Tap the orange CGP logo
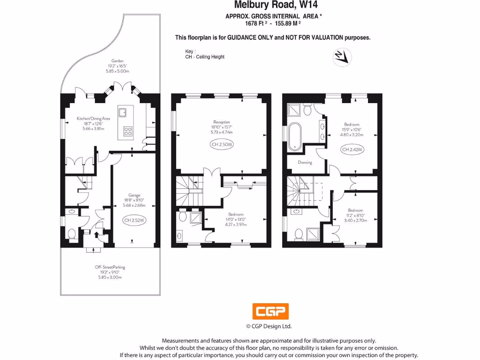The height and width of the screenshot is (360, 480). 270,311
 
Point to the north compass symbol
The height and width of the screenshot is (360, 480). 342,57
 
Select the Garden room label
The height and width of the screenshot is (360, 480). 117,60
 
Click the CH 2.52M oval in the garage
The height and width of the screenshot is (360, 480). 135,220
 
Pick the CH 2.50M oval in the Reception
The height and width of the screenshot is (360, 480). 222,144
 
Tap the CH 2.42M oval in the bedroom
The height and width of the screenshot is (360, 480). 353,150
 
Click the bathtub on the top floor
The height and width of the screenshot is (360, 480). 295,136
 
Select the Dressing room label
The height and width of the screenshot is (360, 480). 305,163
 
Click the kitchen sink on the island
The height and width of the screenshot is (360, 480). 123,112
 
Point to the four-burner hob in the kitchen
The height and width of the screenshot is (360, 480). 127,131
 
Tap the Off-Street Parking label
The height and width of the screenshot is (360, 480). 110,267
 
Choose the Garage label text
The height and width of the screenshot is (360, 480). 135,195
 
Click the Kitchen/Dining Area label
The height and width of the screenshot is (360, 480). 93,119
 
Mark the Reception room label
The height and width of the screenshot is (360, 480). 222,122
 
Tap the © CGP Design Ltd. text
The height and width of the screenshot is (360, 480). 269,326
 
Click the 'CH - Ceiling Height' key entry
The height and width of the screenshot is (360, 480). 205,57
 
